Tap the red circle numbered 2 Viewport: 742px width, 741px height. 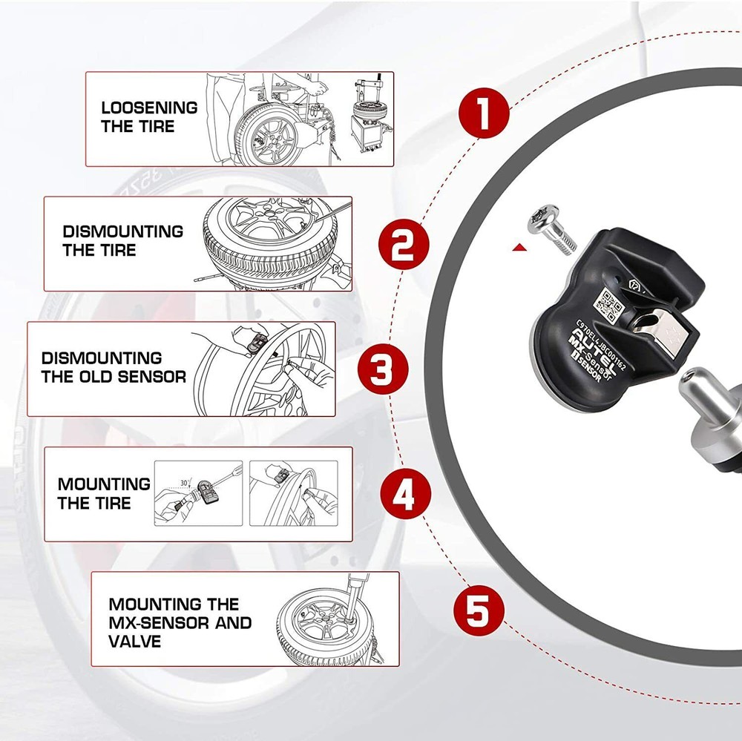pos(403,245)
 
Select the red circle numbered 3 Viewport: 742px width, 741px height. pos(381,369)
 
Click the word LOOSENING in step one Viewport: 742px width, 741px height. pos(149,108)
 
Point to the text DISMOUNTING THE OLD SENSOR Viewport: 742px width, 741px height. pos(113,368)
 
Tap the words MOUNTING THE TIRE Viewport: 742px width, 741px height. pos(104,493)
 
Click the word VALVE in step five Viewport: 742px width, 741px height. pos(134,641)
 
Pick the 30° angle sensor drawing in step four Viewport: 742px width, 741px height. pos(198,493)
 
